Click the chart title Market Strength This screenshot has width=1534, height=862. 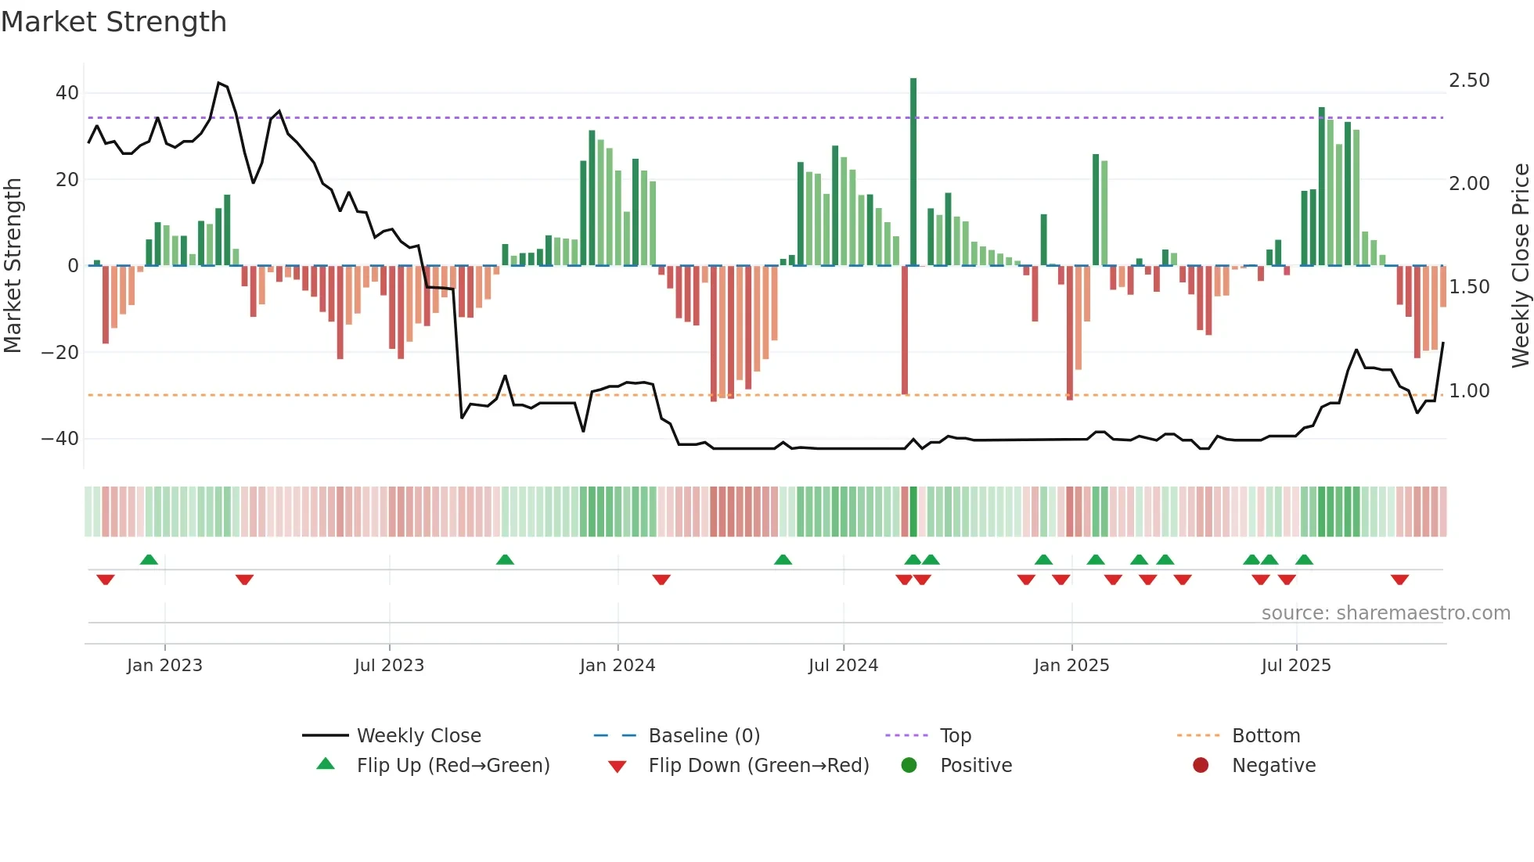point(113,22)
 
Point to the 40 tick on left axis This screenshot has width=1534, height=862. point(67,93)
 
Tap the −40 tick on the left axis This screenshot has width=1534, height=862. point(61,439)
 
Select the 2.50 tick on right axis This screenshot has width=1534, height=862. point(1469,81)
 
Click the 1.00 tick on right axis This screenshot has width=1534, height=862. point(1469,391)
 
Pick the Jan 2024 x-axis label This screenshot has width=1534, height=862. point(618,666)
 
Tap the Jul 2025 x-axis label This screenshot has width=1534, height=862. point(1296,666)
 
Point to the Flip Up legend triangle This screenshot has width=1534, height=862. point(326,764)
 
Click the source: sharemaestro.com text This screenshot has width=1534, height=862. point(1385,613)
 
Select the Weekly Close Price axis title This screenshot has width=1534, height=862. point(1520,266)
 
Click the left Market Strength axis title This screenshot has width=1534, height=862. point(13,266)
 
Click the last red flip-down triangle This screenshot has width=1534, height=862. point(1400,580)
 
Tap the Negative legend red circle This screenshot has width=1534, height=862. point(1201,765)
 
